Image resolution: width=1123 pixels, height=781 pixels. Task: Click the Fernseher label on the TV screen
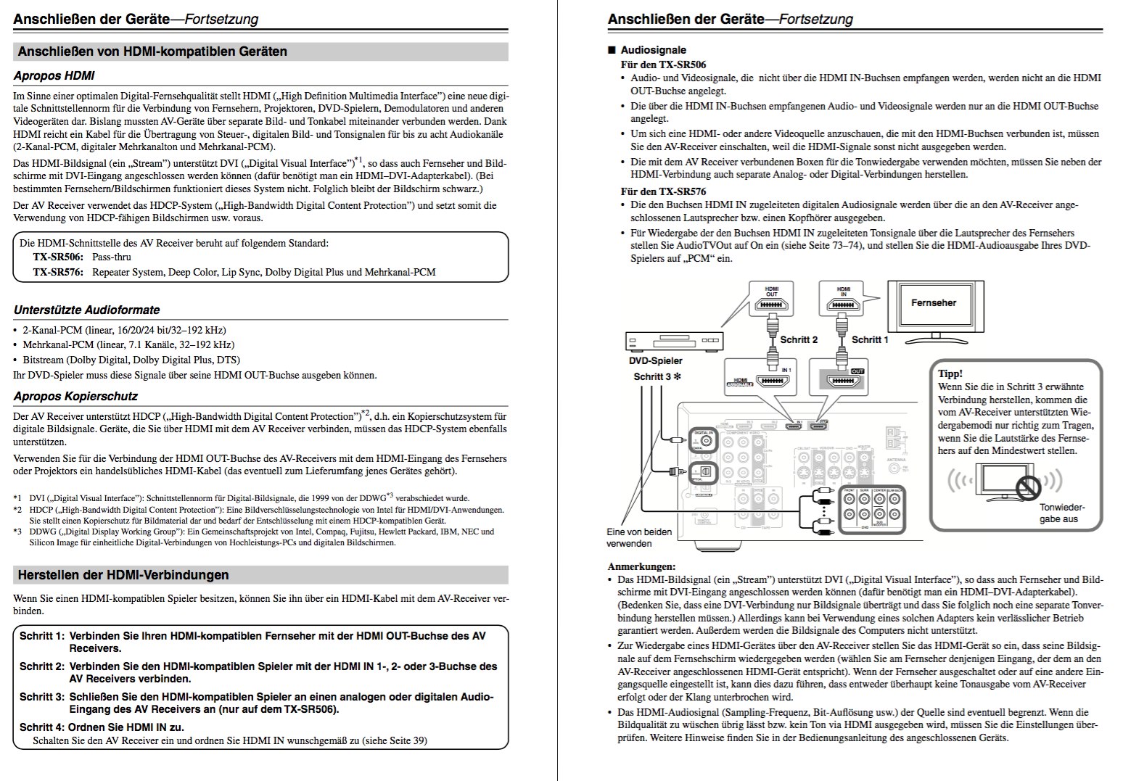pyautogui.click(x=933, y=303)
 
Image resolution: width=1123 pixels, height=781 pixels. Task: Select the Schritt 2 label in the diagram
pyautogui.click(x=799, y=339)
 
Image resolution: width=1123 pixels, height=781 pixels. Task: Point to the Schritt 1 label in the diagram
pyautogui.click(x=869, y=339)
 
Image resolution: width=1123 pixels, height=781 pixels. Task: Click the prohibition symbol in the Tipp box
pyautogui.click(x=1027, y=487)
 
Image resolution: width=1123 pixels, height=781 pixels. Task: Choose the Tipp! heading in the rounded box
pyautogui.click(x=950, y=373)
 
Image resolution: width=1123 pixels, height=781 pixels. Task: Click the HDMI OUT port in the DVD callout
pyautogui.click(x=771, y=305)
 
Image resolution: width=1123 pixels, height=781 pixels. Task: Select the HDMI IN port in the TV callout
pyautogui.click(x=843, y=305)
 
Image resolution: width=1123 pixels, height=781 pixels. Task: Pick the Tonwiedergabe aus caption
pyautogui.click(x=1062, y=513)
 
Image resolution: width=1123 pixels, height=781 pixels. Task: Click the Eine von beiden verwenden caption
pyautogui.click(x=639, y=537)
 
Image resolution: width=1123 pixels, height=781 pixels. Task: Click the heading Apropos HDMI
pyautogui.click(x=54, y=75)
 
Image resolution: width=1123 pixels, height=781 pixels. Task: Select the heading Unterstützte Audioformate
pyautogui.click(x=86, y=310)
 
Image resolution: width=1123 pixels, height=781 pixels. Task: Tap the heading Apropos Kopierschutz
pyautogui.click(x=75, y=396)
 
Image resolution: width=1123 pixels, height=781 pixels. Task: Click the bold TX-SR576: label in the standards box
pyautogui.click(x=57, y=272)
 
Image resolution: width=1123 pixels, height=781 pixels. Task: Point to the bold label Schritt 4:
pyautogui.click(x=41, y=727)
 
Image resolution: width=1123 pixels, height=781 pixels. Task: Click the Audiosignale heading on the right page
pyautogui.click(x=653, y=50)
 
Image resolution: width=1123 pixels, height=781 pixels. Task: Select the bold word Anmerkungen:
pyautogui.click(x=641, y=566)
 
